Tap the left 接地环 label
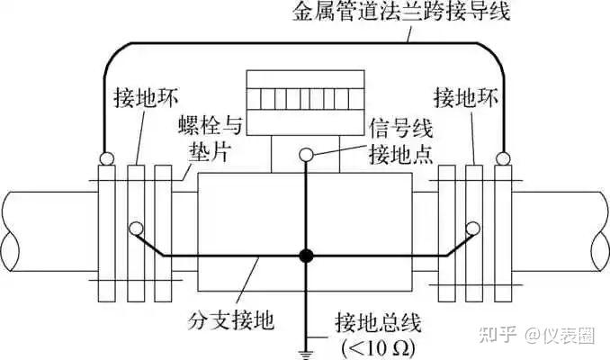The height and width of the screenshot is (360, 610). tap(140, 95)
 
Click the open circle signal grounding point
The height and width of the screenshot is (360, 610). tap(306, 155)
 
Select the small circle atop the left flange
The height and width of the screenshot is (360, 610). tap(107, 160)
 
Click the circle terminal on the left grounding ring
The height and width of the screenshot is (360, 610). tap(135, 227)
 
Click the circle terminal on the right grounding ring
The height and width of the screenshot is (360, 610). tap(474, 227)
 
